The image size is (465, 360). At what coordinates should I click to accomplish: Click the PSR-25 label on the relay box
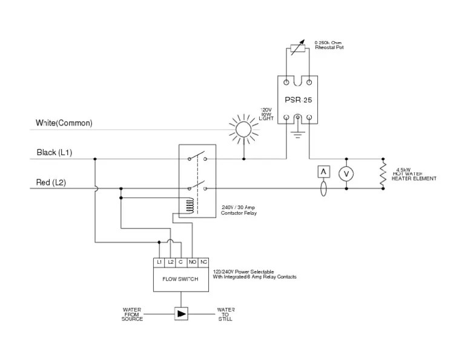[x=298, y=99]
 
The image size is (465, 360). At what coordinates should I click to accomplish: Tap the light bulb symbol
[x=243, y=129]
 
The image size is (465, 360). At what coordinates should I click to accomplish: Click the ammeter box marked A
[x=323, y=172]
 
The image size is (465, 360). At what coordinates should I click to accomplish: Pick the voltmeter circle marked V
[x=346, y=173]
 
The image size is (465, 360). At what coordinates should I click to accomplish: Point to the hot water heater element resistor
[x=383, y=173]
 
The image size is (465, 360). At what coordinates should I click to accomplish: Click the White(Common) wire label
[x=64, y=123]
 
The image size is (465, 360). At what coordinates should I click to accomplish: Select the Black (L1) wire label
[x=54, y=153]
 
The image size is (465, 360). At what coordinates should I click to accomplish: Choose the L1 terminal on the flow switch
[x=159, y=262]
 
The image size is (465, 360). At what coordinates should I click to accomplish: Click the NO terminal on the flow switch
[x=192, y=262]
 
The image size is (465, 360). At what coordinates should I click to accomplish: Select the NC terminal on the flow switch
[x=203, y=262]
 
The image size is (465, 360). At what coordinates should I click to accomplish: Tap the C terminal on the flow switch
[x=180, y=262]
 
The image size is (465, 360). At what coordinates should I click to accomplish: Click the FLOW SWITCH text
[x=180, y=279]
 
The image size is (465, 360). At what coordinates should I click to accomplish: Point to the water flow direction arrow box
[x=181, y=313]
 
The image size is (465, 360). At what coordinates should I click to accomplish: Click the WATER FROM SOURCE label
[x=132, y=313]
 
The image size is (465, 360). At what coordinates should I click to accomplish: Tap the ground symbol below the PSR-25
[x=297, y=132]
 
